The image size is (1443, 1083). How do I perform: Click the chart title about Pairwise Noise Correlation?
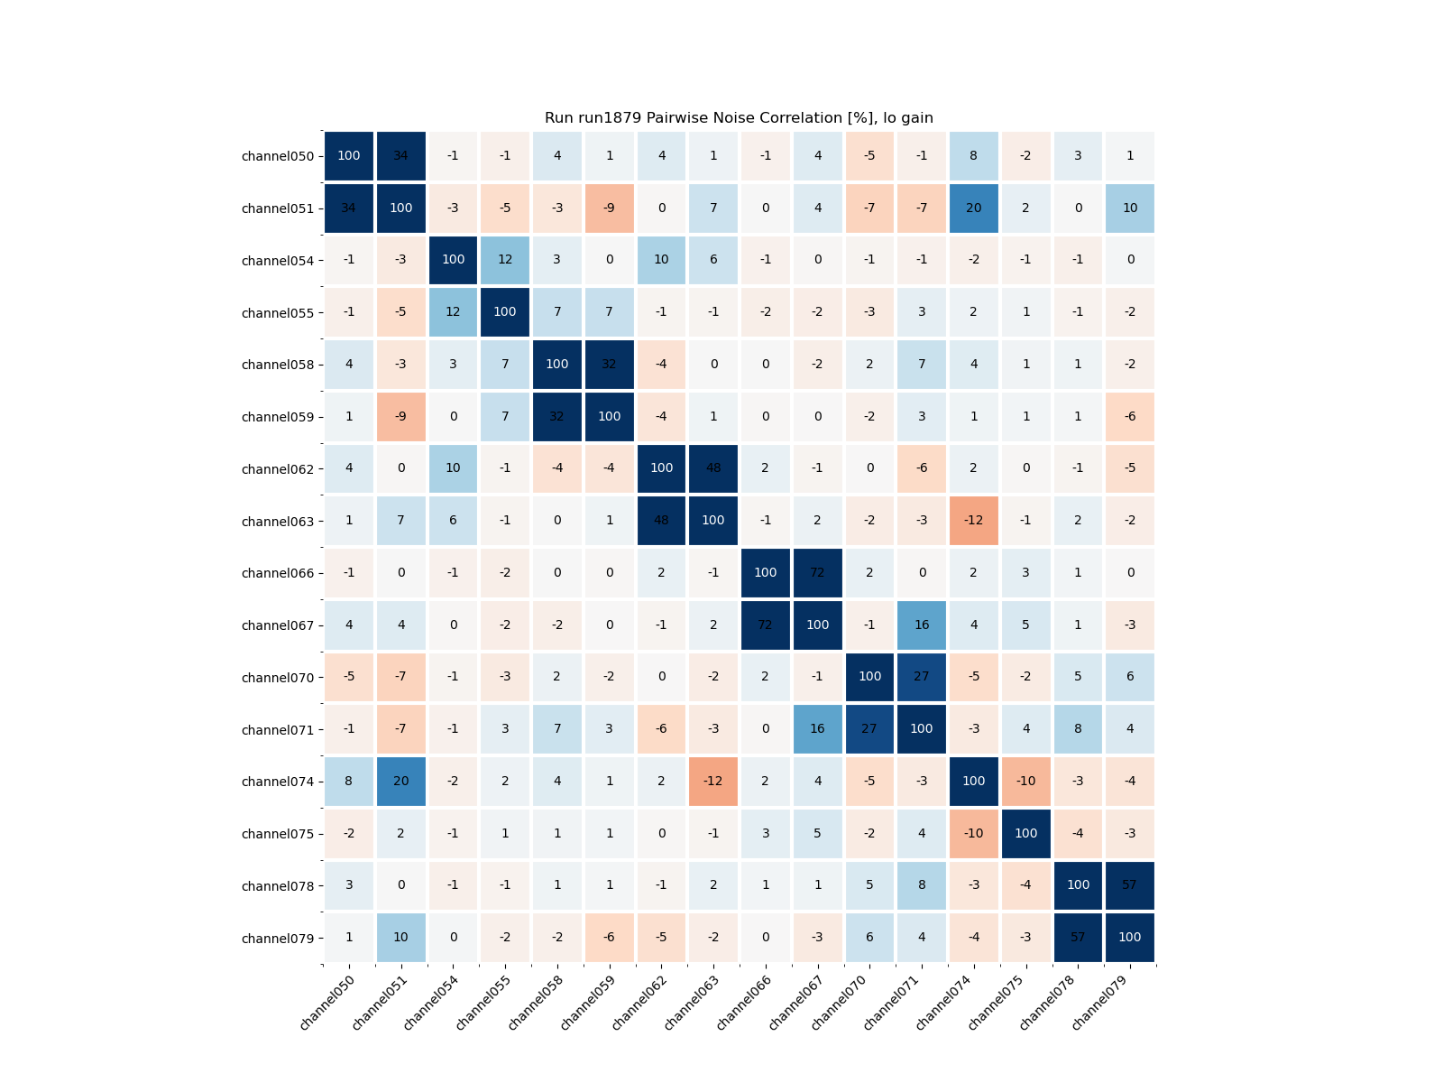pos(739,118)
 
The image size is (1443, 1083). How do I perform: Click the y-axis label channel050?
pos(278,156)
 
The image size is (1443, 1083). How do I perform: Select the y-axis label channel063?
pos(278,522)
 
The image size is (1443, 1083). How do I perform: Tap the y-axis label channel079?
pos(278,939)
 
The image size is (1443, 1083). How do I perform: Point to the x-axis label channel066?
pos(745,1002)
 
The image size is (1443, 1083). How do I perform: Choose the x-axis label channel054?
pos(432,1002)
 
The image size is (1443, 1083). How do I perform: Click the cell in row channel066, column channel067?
pos(818,573)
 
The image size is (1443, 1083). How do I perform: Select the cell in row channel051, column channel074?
pos(974,208)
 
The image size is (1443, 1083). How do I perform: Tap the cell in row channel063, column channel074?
pos(974,521)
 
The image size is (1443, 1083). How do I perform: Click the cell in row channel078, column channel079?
pos(1130,885)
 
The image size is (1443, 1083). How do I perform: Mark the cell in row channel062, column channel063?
pos(713,468)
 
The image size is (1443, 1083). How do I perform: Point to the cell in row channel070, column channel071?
pos(922,677)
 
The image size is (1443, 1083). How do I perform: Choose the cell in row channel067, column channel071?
pos(922,625)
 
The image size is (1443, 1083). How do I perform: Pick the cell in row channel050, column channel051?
pos(400,156)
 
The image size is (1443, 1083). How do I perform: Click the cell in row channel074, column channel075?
pos(1026,781)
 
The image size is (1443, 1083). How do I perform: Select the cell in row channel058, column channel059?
pos(609,365)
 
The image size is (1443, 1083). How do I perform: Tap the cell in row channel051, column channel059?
pos(609,208)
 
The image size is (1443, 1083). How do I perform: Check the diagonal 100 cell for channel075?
pos(1026,833)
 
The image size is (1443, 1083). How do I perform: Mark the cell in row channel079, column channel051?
pos(400,938)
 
